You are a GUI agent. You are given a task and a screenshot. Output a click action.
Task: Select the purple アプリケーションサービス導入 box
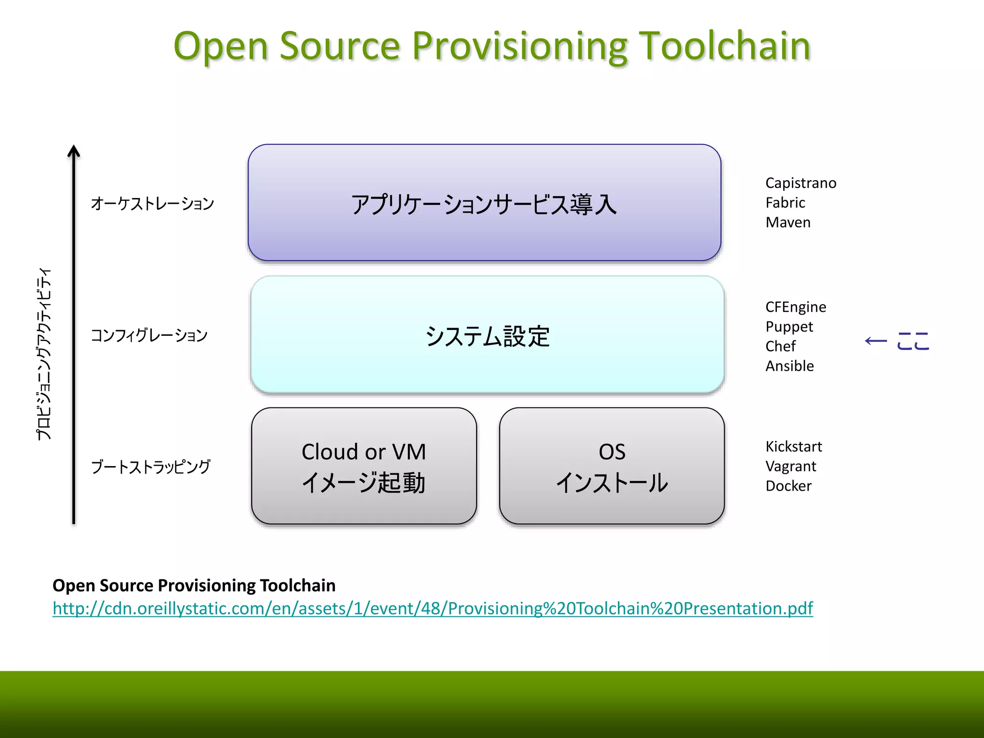coord(484,203)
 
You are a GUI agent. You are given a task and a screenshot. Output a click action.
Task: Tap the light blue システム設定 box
coord(487,335)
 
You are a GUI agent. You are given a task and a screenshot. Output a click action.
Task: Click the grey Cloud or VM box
coord(364,466)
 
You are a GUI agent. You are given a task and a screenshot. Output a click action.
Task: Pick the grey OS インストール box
coord(612,466)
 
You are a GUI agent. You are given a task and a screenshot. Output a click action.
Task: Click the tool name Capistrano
coord(800,183)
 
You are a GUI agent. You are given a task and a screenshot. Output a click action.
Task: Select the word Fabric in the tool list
coord(785,203)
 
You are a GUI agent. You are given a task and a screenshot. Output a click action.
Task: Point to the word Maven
coord(788,222)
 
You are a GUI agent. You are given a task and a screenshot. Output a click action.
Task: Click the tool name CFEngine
coord(796,307)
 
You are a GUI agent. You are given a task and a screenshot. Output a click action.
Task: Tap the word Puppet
coord(789,327)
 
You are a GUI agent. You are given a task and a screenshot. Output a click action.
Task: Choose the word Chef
coord(780,346)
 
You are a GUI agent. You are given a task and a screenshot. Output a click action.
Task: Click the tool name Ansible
coord(789,366)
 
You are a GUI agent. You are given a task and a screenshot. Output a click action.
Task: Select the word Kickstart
coord(794,446)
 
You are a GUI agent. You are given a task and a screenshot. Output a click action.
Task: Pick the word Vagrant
coord(791,466)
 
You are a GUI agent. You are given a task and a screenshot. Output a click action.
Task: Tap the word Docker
coord(788,486)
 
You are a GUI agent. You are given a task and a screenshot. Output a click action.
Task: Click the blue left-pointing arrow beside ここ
coord(875,341)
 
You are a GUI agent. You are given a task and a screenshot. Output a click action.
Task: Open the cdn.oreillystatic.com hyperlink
coord(432,608)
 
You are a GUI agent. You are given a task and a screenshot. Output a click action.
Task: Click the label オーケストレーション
coord(152,203)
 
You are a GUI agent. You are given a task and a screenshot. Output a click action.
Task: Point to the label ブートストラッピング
coord(150,467)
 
